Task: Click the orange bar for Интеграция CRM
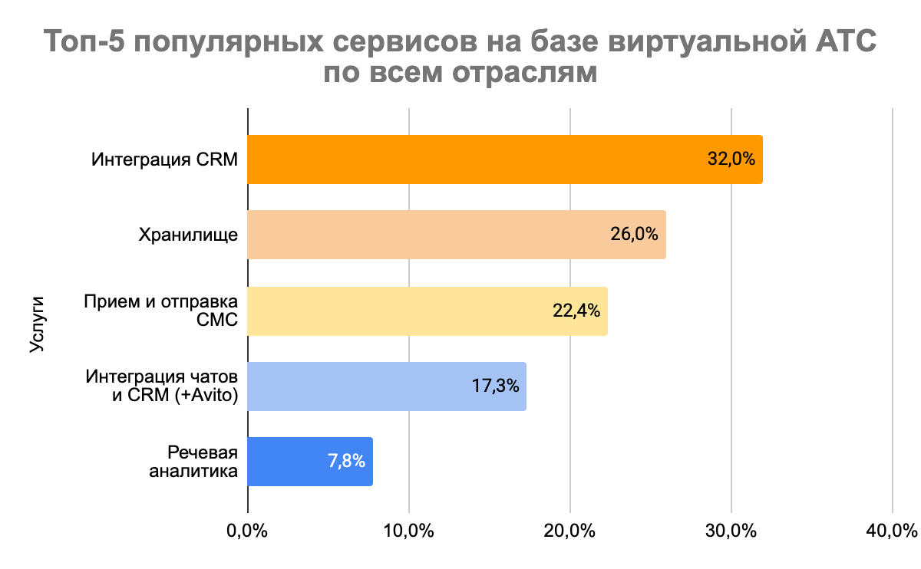476,160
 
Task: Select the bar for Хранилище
430,235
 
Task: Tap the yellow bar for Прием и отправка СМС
399,311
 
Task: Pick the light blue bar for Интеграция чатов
361,386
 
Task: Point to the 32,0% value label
731,160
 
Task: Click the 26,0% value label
634,235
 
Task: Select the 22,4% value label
576,311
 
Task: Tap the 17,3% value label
495,386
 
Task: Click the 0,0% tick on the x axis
247,530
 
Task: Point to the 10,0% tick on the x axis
408,530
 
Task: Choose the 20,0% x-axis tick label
569,530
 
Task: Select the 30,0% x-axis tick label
731,530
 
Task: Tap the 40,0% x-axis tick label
892,530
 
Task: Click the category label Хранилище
188,235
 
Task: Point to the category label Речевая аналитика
193,462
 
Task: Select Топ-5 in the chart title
80,41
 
